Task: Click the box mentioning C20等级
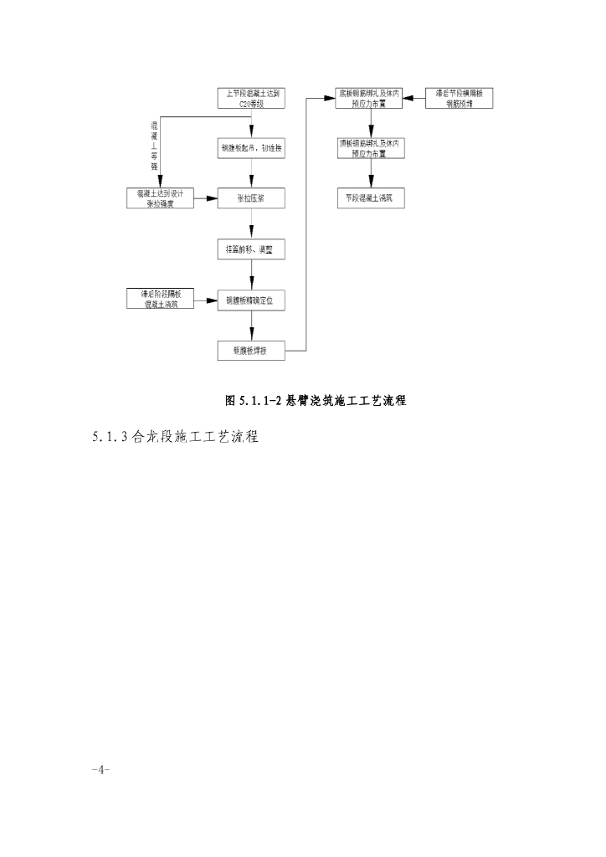pyautogui.click(x=252, y=98)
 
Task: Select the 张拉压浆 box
pyautogui.click(x=252, y=198)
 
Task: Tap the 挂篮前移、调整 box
pyautogui.click(x=252, y=249)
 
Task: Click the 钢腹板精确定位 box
pyautogui.click(x=252, y=299)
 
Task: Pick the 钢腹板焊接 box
pyautogui.click(x=252, y=350)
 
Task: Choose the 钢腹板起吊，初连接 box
pyautogui.click(x=252, y=148)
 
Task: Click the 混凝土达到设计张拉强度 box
pyautogui.click(x=159, y=198)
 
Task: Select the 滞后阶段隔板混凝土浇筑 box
pyautogui.click(x=159, y=299)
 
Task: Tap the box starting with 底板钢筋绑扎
pyautogui.click(x=368, y=98)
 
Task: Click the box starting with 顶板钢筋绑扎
pyautogui.click(x=368, y=148)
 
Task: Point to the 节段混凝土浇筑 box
pyautogui.click(x=368, y=198)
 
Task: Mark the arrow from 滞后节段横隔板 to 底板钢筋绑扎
pyautogui.click(x=414, y=98)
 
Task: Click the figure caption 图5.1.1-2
pyautogui.click(x=316, y=401)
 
